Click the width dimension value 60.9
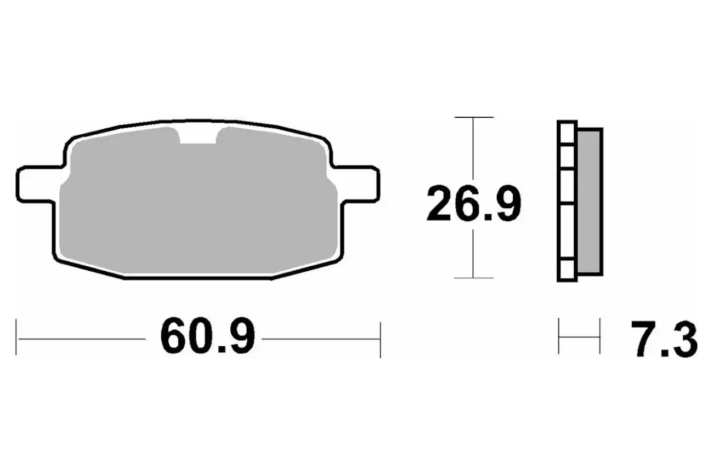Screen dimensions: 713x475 tap(207, 335)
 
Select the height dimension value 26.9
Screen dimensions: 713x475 tap(474, 203)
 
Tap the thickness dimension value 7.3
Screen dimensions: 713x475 tap(664, 339)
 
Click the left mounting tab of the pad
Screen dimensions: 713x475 tap(38, 184)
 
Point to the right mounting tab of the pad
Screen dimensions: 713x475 tap(356, 184)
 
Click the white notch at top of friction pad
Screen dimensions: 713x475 tap(198, 135)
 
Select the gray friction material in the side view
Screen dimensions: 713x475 tap(590, 202)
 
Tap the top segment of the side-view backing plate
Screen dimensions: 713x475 tap(567, 133)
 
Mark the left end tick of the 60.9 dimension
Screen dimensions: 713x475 tap(16, 337)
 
